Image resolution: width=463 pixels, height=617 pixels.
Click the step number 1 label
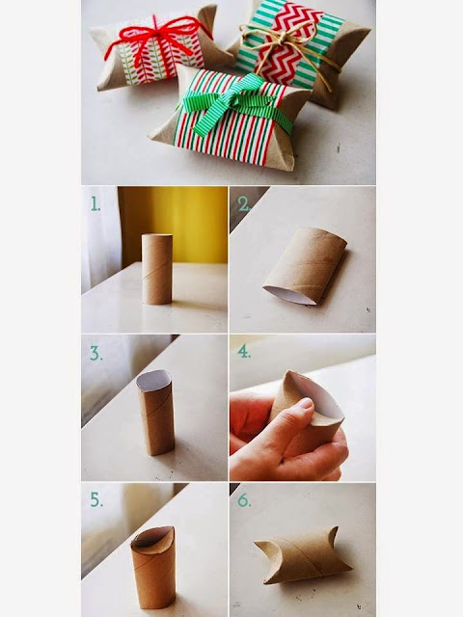(95, 203)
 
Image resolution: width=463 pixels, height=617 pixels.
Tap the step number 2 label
(244, 203)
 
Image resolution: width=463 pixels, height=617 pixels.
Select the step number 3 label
(96, 353)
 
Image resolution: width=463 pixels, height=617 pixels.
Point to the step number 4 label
(244, 351)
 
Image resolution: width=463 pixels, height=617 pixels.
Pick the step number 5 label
(96, 499)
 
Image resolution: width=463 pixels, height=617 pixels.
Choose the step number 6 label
(244, 499)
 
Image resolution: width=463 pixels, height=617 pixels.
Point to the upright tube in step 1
(156, 269)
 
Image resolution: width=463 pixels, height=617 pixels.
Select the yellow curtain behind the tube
(174, 225)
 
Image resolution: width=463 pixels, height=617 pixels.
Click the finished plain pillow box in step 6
(302, 556)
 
